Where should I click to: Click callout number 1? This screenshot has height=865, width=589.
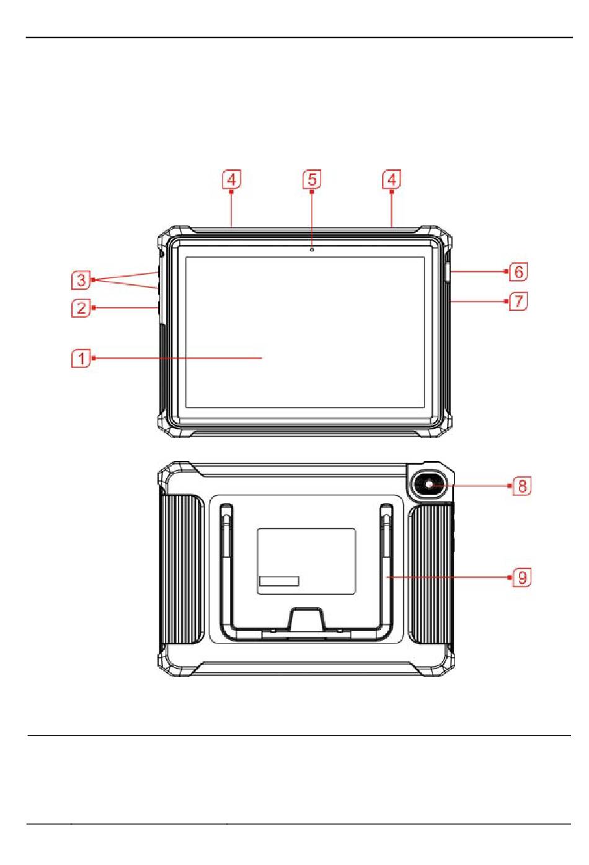[x=81, y=359]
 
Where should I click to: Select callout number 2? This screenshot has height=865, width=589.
[x=81, y=308]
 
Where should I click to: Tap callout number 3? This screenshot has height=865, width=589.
[x=81, y=280]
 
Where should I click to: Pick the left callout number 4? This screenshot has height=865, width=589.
[x=231, y=179]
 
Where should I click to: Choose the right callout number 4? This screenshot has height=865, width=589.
[x=391, y=179]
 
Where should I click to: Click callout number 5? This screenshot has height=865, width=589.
[x=312, y=179]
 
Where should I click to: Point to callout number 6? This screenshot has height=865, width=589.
[x=518, y=271]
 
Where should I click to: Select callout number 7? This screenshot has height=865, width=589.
[x=518, y=301]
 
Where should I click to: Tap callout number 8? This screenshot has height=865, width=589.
[x=521, y=485]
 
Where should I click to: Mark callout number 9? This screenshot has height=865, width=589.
[x=521, y=577]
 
